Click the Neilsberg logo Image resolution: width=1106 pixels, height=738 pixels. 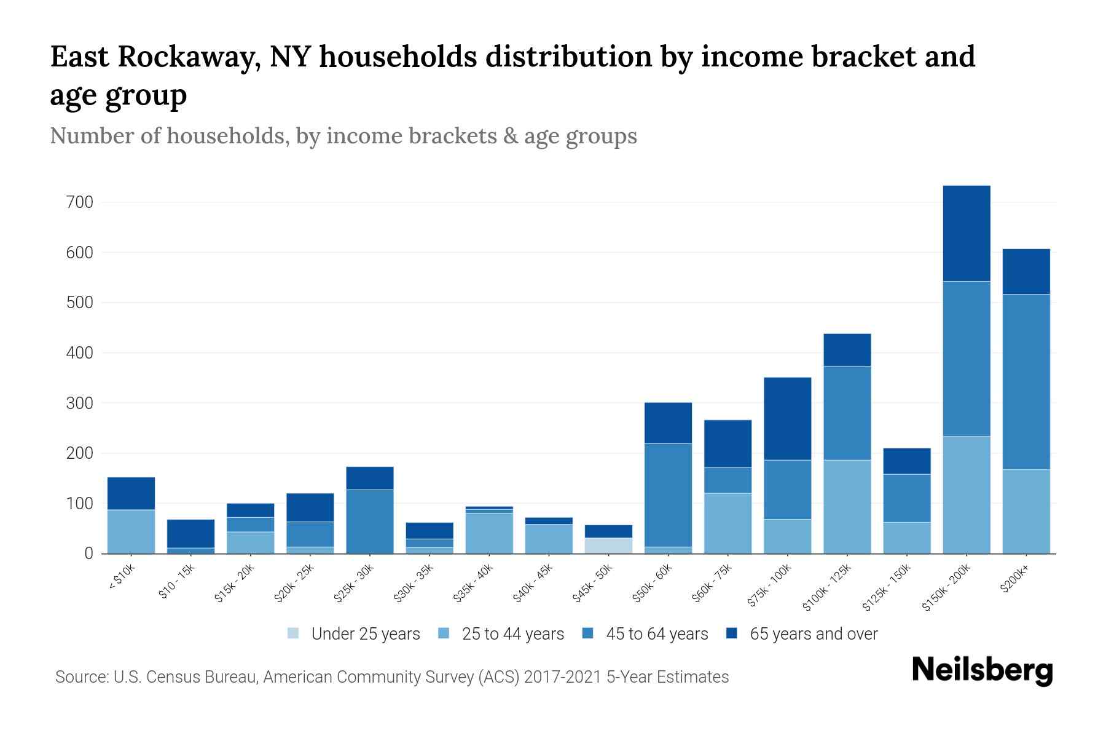click(x=982, y=670)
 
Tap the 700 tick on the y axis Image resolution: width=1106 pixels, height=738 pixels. click(x=80, y=202)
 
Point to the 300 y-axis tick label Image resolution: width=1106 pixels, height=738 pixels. click(x=80, y=403)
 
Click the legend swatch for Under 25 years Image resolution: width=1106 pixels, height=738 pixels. click(x=294, y=633)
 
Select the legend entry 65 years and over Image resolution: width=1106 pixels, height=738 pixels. click(x=814, y=634)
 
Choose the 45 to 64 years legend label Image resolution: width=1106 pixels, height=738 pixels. click(x=657, y=634)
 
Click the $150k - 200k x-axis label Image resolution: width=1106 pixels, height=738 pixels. click(x=947, y=588)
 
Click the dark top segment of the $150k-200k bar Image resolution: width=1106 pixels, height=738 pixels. click(x=967, y=234)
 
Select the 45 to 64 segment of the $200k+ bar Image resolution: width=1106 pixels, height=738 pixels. click(x=1026, y=381)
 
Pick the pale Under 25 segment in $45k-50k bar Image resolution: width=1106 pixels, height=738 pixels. click(x=609, y=546)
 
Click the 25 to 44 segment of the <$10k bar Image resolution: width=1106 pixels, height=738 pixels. click(x=131, y=531)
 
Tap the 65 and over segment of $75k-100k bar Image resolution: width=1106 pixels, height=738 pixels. click(x=787, y=418)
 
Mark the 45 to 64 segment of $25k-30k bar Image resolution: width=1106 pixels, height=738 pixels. click(x=370, y=521)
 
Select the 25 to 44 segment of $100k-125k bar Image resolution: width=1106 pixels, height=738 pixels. click(x=847, y=506)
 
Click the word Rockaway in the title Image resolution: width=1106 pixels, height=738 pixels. click(x=184, y=57)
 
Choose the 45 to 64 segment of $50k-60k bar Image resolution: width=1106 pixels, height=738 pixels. click(x=668, y=494)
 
